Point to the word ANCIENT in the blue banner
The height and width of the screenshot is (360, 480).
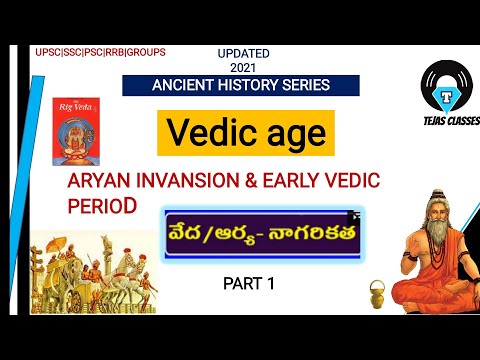(184, 86)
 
